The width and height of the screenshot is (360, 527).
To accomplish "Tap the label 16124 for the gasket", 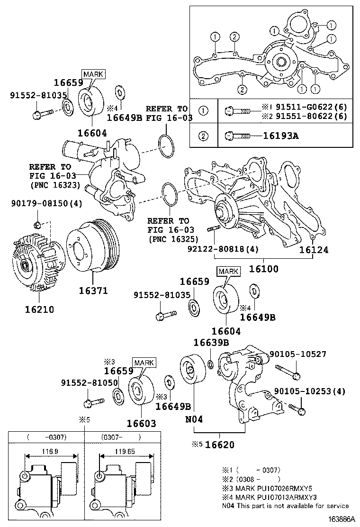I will point(314,250).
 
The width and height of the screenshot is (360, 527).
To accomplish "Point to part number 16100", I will point(264,269).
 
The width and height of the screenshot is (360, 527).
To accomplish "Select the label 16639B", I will point(211,342).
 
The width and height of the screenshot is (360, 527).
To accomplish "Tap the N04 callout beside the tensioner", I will point(194,418).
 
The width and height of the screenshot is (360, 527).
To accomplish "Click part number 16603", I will point(141,423).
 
